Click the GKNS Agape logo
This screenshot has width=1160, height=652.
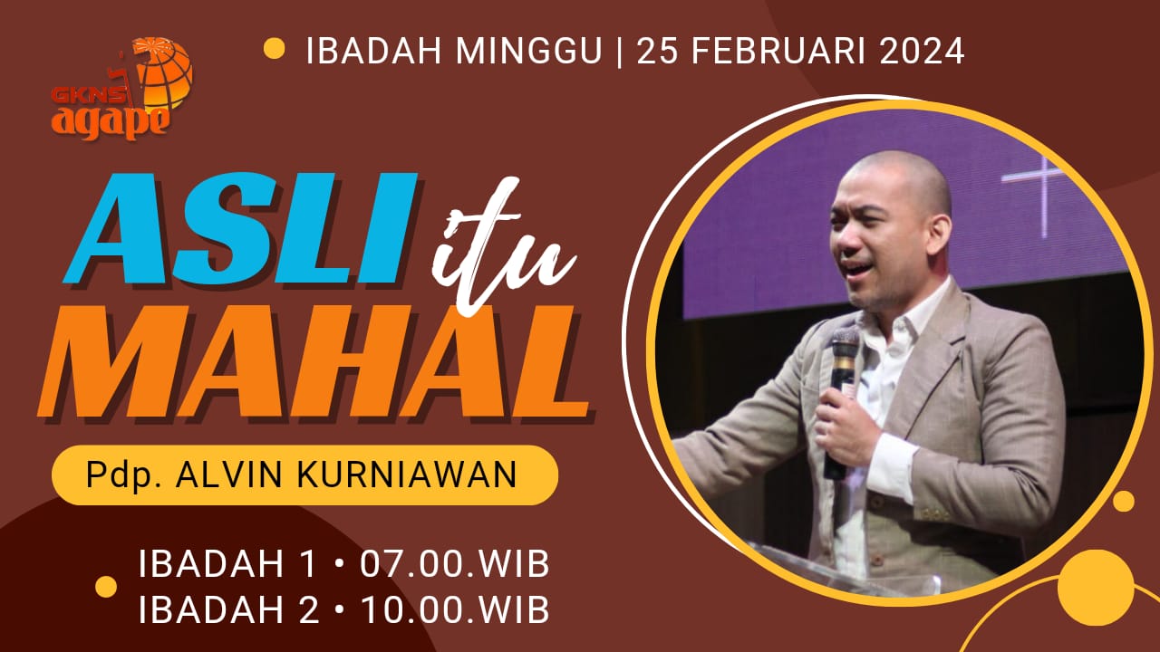point(122,89)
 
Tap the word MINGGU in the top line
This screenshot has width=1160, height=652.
point(528,51)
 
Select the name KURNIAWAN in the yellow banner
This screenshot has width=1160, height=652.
point(407,475)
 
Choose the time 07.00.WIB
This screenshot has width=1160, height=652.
point(454,563)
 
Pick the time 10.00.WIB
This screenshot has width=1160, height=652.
point(454,610)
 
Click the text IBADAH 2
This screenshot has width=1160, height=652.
point(227,610)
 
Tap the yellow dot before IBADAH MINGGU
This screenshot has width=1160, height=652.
point(274,49)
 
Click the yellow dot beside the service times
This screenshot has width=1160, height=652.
point(106,587)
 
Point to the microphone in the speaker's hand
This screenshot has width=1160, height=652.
point(842,400)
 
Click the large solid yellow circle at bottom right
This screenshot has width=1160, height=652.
point(1096,588)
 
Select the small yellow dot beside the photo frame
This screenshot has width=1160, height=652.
point(1124,501)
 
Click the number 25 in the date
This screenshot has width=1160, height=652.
point(651,51)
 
